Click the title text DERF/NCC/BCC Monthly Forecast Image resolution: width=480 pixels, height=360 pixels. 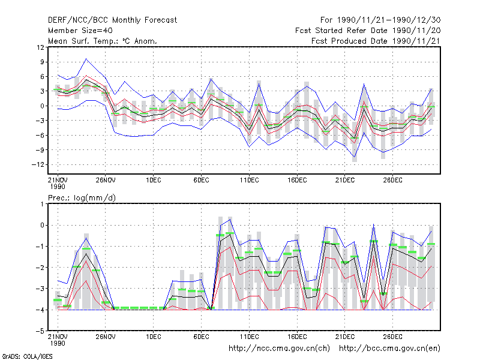coord(112,20)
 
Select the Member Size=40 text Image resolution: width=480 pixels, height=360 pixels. coord(80,31)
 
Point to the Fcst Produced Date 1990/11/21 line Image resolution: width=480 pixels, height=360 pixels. coord(376,41)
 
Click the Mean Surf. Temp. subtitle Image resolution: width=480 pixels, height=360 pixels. coord(103,41)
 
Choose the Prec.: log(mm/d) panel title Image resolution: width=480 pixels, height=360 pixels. coord(82,198)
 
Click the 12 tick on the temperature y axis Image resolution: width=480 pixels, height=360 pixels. coord(40,47)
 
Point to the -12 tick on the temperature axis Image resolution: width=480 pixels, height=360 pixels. coord(38,164)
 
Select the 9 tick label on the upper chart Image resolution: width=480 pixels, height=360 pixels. coord(42,62)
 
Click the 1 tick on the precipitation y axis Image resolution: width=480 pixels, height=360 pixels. coord(42,204)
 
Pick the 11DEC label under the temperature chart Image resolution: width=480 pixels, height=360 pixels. coord(249,181)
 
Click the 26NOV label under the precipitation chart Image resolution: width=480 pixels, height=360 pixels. coord(106,337)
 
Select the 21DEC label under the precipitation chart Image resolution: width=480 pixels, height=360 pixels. coord(344,337)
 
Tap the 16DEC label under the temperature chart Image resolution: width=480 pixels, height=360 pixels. coord(297,181)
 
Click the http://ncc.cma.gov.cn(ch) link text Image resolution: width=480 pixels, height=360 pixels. coord(279,349)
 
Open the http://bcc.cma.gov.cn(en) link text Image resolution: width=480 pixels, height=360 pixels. coord(389,349)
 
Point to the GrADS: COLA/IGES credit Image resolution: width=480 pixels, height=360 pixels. coord(28,356)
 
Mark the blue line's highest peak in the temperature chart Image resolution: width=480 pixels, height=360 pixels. coord(86,59)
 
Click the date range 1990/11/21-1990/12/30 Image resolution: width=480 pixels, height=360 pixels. coord(389,20)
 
